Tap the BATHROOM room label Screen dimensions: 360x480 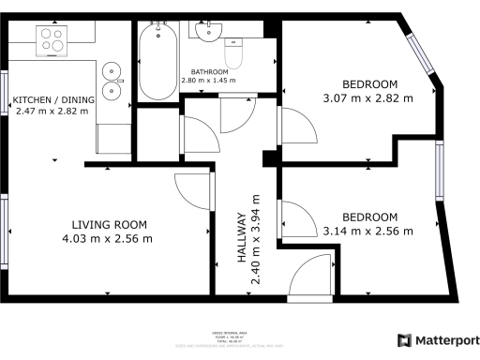click(x=208, y=72)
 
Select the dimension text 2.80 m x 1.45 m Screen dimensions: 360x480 click(x=208, y=81)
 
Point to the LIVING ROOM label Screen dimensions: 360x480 click(x=111, y=224)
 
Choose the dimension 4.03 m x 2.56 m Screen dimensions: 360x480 click(x=111, y=238)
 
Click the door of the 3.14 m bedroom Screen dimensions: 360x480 click(x=300, y=219)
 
